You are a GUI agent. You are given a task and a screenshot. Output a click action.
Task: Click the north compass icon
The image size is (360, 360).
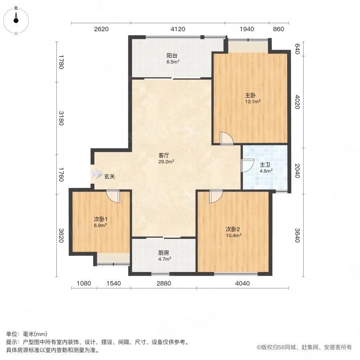click(x=16, y=21)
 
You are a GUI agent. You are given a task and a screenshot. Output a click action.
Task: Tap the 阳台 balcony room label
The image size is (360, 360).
click(x=172, y=56)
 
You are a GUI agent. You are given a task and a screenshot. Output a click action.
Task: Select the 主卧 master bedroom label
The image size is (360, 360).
click(x=250, y=95)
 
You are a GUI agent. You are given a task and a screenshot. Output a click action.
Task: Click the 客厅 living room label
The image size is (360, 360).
click(x=164, y=156)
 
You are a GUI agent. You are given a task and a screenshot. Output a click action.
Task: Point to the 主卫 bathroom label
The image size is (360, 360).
click(x=265, y=165)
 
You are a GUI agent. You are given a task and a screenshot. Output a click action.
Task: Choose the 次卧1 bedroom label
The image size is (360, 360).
click(x=100, y=219)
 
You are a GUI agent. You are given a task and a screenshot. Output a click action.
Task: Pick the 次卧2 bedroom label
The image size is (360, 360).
click(x=233, y=229)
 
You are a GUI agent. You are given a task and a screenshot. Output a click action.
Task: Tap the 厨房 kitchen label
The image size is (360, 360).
click(x=164, y=253)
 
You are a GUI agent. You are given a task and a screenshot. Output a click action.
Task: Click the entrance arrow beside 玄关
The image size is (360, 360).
click(x=97, y=174)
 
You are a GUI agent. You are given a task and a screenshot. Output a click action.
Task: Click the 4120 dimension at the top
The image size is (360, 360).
click(x=178, y=29)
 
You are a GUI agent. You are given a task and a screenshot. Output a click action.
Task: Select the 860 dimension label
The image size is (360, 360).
click(x=279, y=29)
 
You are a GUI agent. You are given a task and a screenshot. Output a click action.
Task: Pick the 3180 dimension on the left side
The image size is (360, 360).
click(x=61, y=118)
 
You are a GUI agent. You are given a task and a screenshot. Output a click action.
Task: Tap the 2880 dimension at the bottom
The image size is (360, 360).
click(x=164, y=283)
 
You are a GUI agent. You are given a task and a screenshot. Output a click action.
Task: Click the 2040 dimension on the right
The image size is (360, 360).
click(x=297, y=171)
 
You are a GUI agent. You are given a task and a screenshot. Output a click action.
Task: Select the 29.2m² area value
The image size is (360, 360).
click(x=166, y=162)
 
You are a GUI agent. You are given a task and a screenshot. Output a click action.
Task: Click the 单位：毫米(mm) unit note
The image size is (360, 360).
click(x=27, y=334)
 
